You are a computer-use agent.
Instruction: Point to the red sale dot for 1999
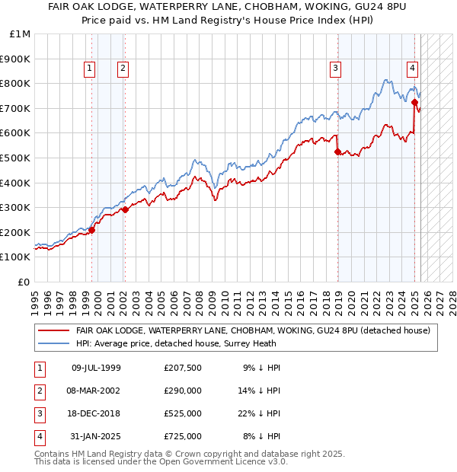pos(91,230)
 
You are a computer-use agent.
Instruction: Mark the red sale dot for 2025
pos(414,102)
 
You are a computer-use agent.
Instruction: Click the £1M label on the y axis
pos(21,34)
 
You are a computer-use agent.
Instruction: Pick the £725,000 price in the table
pos(182,436)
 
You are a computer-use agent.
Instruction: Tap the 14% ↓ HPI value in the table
pos(261,391)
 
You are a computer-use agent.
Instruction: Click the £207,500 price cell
pos(182,368)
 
